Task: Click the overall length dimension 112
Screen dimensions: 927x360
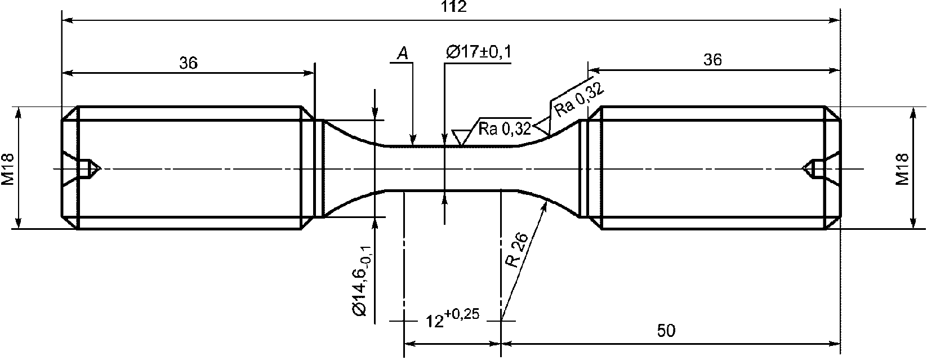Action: [x=454, y=6]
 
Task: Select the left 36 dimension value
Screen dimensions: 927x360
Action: [x=189, y=63]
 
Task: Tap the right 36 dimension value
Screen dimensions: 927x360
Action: [x=712, y=60]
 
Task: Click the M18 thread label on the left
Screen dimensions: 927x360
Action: [x=8, y=169]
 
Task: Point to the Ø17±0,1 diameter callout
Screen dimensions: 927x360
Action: [x=479, y=52]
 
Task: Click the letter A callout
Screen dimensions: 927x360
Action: [x=402, y=54]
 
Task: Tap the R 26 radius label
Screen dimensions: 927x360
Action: [x=517, y=250]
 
